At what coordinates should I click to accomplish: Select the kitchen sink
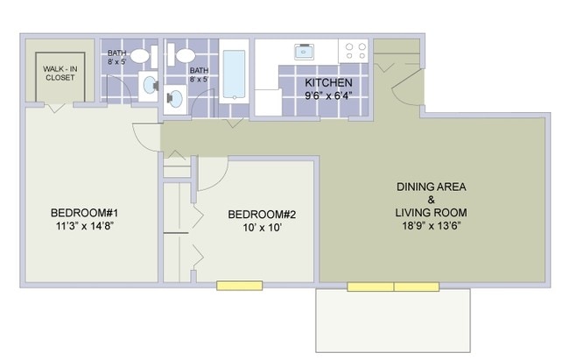coord(307,51)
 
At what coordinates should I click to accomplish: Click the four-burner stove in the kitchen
coord(355,51)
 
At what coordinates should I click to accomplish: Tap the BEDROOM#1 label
coord(84,213)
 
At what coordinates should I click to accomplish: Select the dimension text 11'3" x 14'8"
coord(84,226)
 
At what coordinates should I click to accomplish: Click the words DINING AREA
coord(431,187)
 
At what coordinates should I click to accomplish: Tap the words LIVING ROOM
coord(431,212)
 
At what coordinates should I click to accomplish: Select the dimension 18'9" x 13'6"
coord(431,225)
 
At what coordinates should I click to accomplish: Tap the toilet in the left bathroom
coord(150,85)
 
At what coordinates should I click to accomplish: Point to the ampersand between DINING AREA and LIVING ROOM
coord(431,200)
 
